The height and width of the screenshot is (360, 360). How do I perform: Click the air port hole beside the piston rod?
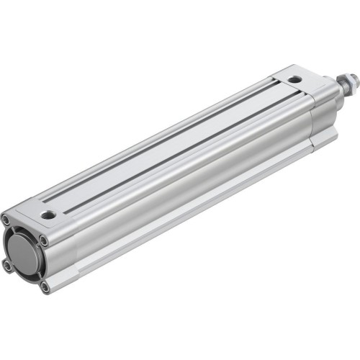pos(293,79)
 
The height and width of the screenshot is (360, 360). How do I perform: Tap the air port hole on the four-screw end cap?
pos(48,214)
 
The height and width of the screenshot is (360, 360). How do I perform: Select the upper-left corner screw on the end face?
pos(6,220)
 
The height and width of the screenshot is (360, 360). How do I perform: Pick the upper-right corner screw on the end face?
pos(44,240)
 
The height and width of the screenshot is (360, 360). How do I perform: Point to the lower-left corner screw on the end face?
pos(8,266)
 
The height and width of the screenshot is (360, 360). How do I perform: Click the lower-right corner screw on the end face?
pos(45,287)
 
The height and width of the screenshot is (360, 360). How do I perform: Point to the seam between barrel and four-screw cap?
pos(80,238)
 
